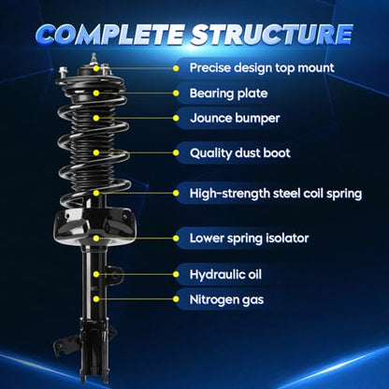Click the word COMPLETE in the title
(x=110, y=34)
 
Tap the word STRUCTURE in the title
(x=272, y=34)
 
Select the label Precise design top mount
(x=262, y=68)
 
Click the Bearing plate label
(x=228, y=94)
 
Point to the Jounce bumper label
(x=235, y=118)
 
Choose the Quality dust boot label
(x=239, y=152)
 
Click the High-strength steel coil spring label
(x=276, y=194)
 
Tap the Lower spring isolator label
(x=249, y=238)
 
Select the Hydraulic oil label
(x=225, y=274)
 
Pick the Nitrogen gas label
(x=226, y=299)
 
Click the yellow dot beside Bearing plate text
(x=176, y=94)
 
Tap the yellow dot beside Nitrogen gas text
(x=176, y=299)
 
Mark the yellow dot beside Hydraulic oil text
(x=176, y=274)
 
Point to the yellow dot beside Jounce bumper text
(x=176, y=118)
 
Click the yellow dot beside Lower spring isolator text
(x=176, y=238)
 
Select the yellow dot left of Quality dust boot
(x=176, y=152)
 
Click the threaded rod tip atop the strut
(x=94, y=56)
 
